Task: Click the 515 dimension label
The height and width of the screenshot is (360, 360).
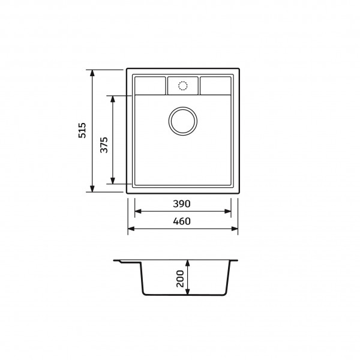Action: click(x=82, y=130)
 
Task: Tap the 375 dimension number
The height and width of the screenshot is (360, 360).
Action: click(x=104, y=145)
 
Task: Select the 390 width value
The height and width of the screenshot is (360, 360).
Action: click(x=182, y=203)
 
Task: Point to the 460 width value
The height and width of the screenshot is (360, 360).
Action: click(x=182, y=221)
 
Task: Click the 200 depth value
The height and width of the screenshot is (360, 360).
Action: click(x=180, y=279)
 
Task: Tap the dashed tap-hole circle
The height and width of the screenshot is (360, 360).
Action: click(x=183, y=86)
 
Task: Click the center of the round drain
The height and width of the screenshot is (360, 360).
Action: click(x=183, y=121)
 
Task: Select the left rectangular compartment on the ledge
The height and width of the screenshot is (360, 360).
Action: click(x=150, y=86)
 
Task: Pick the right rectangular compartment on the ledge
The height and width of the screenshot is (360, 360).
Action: click(x=215, y=86)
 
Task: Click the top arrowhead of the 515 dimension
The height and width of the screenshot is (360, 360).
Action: click(x=92, y=73)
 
